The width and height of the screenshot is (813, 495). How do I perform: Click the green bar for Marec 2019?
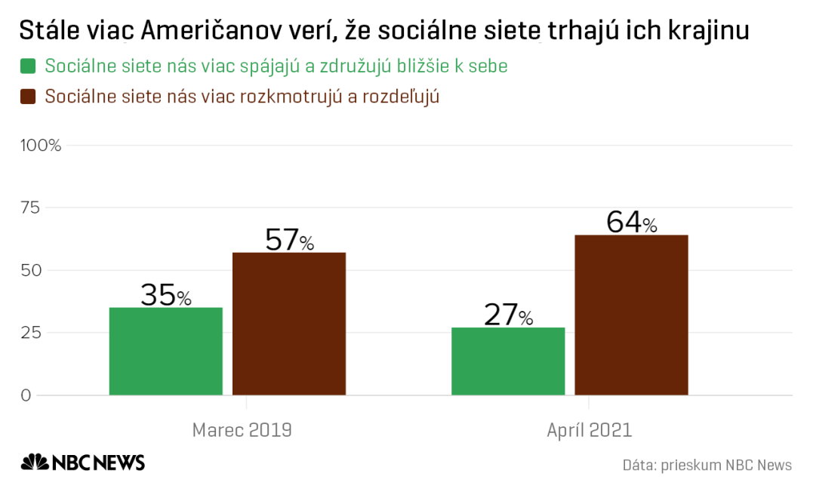(166, 351)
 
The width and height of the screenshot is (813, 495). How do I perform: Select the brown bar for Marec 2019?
(289, 324)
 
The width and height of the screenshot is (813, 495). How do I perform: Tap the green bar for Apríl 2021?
(508, 361)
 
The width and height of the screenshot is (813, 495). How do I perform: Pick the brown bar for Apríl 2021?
(631, 315)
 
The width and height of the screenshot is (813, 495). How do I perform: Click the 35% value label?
(166, 295)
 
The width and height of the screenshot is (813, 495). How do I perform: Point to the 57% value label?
(289, 239)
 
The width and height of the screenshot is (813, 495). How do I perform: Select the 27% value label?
(508, 315)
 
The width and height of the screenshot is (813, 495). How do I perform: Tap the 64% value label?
(631, 222)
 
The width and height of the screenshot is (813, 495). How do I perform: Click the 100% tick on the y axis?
(42, 145)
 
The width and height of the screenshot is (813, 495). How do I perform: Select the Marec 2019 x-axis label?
(242, 430)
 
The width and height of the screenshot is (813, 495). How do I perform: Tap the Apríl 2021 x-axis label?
(590, 430)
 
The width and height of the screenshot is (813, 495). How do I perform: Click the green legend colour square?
(28, 66)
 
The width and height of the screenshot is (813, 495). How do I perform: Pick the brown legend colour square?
(28, 97)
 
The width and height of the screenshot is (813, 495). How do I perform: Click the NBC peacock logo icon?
(34, 462)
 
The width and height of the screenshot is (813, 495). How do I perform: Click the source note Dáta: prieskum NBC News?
(707, 465)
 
